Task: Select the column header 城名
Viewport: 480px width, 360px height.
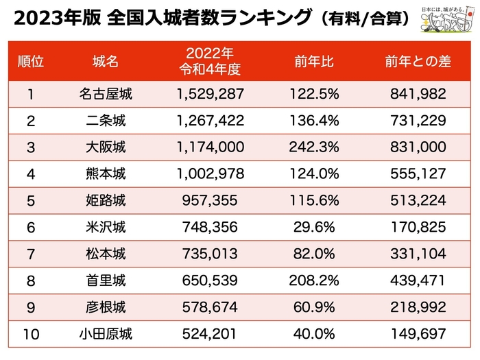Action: pyautogui.click(x=106, y=61)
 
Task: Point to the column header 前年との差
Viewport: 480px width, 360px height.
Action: pyautogui.click(x=417, y=61)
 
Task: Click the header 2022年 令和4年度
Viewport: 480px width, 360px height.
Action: pyautogui.click(x=210, y=60)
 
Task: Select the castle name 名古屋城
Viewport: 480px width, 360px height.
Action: pyautogui.click(x=106, y=95)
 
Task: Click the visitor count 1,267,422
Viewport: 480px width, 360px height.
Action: pyautogui.click(x=210, y=121)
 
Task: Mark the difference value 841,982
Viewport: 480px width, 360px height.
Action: pyautogui.click(x=417, y=95)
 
